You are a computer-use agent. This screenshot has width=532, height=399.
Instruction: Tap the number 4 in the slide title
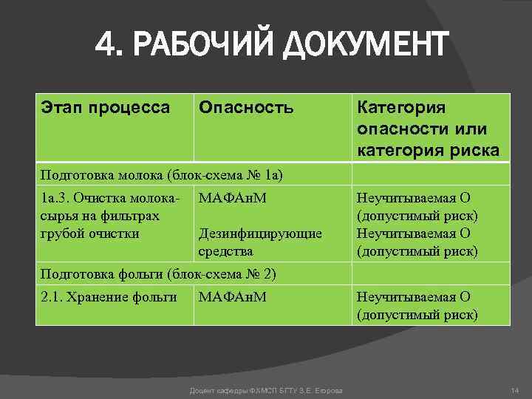click(x=106, y=45)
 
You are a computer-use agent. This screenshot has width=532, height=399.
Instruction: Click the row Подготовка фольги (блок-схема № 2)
click(x=159, y=274)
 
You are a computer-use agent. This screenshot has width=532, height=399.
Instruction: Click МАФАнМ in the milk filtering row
click(x=233, y=198)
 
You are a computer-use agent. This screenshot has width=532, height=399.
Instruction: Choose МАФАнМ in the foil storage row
click(x=233, y=297)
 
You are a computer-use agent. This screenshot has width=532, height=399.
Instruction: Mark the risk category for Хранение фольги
click(x=417, y=305)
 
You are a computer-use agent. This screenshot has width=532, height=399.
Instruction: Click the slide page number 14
click(x=515, y=389)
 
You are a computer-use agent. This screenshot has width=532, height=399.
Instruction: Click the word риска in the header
click(x=477, y=151)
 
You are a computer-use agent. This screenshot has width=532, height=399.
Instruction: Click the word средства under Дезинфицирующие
click(x=225, y=251)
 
